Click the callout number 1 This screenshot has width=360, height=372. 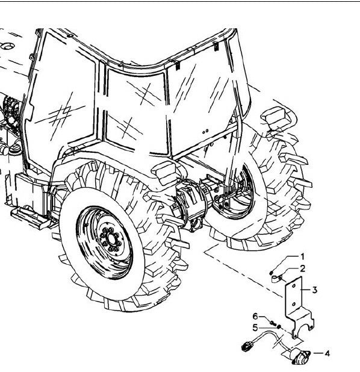tap(302, 256)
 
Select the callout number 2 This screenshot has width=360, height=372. tap(303, 269)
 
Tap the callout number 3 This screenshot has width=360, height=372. tap(315, 290)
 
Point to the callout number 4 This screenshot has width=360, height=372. tap(327, 353)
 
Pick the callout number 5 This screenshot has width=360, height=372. tap(255, 328)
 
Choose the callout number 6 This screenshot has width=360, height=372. tap(255, 316)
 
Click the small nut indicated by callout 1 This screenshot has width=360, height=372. tap(272, 273)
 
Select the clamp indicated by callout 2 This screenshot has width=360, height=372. tap(277, 279)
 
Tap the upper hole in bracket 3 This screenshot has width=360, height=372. tap(293, 286)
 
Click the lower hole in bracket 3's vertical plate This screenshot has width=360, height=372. tap(294, 304)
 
